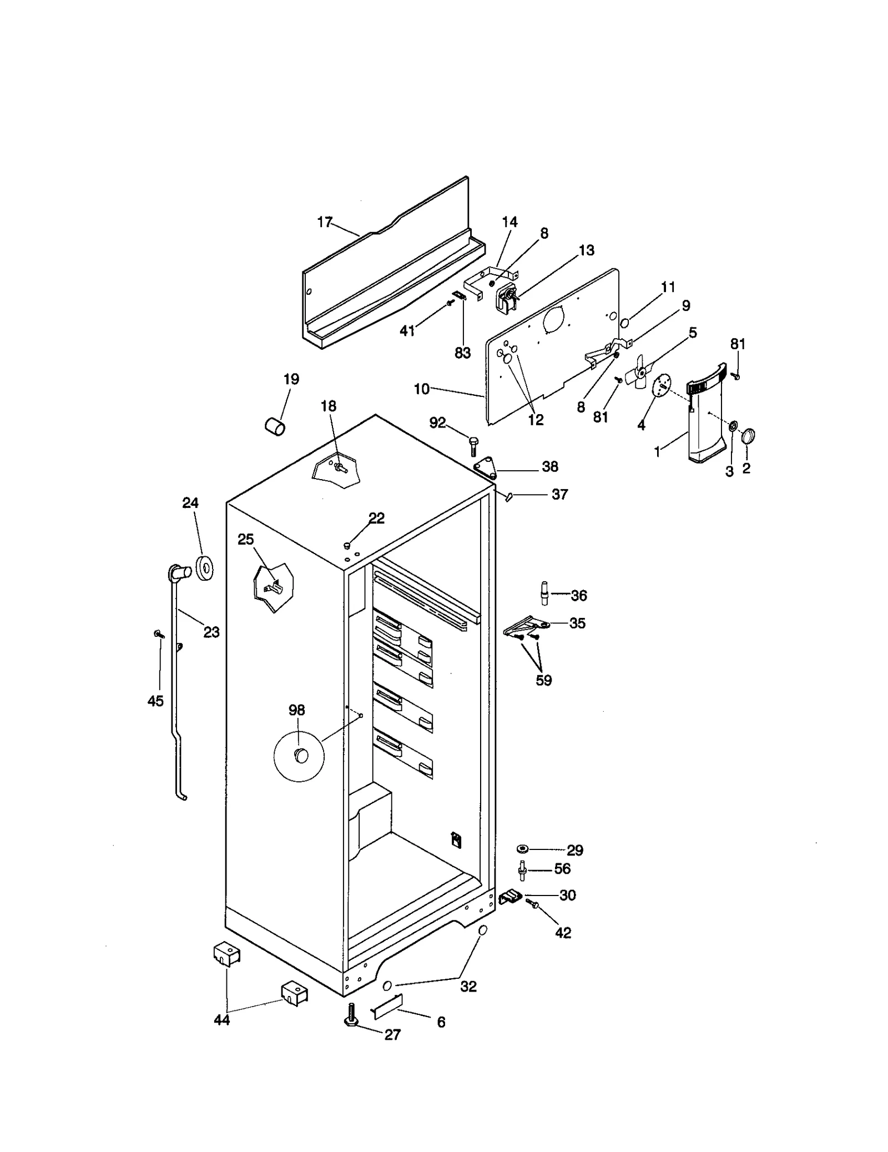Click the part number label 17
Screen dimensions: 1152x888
[x=324, y=223]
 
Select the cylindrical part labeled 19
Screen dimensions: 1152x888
[x=274, y=427]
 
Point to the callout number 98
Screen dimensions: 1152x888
[x=296, y=710]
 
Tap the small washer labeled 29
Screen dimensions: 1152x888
[x=522, y=848]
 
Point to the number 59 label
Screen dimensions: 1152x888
[x=543, y=680]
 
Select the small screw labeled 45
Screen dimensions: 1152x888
[x=159, y=633]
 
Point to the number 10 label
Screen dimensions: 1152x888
[x=421, y=389]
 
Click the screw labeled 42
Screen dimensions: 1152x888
[x=535, y=905]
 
